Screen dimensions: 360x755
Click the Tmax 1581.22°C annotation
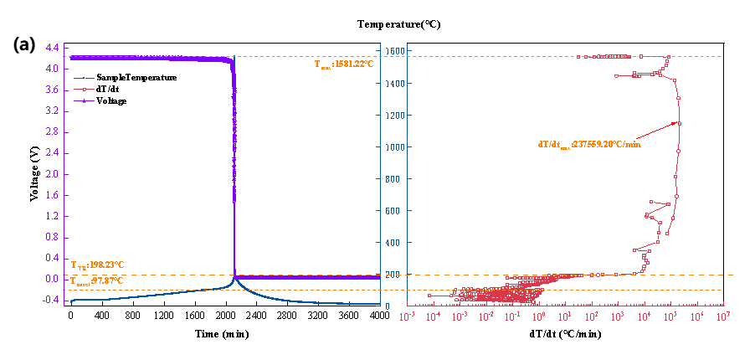tap(343, 64)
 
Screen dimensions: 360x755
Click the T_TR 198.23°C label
tap(97, 264)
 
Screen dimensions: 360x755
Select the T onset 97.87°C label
tap(97, 280)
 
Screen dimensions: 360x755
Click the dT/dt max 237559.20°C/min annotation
tap(589, 144)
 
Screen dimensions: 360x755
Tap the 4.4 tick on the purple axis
tap(52, 48)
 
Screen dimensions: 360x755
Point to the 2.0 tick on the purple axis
tap(52, 174)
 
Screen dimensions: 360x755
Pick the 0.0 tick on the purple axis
tap(52, 280)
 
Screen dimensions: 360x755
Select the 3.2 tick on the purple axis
tap(52, 111)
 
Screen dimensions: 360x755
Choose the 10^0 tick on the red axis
tap(539, 316)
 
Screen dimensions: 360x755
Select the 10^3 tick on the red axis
tap(619, 316)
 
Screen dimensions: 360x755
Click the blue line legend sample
tap(85, 78)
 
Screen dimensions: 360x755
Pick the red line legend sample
tap(85, 90)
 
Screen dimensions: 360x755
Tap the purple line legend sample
tap(85, 100)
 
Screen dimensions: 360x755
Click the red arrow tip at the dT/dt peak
tap(679, 123)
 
